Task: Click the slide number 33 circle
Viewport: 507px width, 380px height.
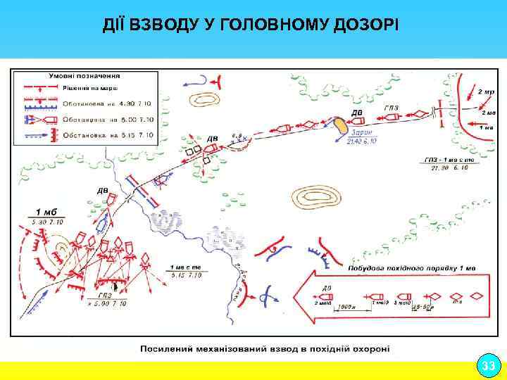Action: (487, 366)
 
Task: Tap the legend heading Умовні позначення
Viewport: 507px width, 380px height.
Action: (84, 74)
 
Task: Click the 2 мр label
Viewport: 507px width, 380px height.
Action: (486, 91)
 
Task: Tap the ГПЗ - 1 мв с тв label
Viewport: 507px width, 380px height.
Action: (453, 160)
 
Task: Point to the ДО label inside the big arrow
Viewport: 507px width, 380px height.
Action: (325, 288)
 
